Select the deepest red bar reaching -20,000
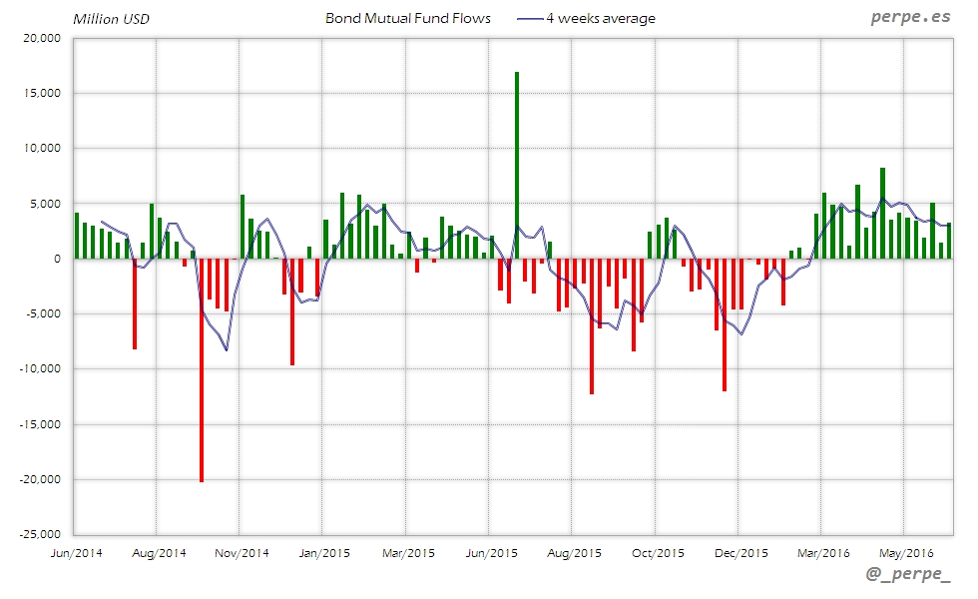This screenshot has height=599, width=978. tap(202, 369)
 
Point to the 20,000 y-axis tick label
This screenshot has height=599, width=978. tap(41, 38)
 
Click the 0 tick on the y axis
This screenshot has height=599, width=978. tap(57, 259)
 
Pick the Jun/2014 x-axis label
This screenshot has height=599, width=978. tap(75, 553)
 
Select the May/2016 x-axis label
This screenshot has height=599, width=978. tap(905, 553)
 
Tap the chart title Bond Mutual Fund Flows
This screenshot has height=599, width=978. tap(408, 18)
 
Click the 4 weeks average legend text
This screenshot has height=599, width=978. tap(601, 18)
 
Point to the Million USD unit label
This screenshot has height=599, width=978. tap(111, 19)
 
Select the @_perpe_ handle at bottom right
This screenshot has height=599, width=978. tap(908, 575)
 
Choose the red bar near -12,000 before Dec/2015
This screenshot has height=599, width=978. tap(725, 324)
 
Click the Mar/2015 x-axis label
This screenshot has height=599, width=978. tap(407, 553)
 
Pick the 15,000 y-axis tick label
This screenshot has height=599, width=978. tap(41, 93)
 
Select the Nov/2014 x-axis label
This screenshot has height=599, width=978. tap(242, 553)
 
